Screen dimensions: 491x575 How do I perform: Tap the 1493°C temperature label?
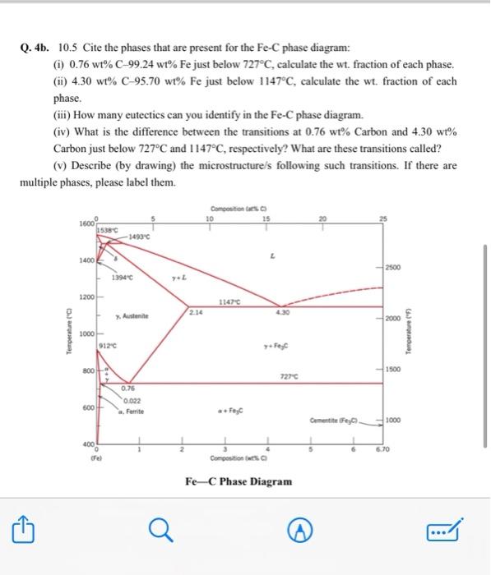[x=137, y=238]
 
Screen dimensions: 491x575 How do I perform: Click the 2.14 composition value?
[x=194, y=312]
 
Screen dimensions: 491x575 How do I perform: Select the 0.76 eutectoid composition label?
[x=128, y=389]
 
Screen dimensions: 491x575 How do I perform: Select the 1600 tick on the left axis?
[x=86, y=224]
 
